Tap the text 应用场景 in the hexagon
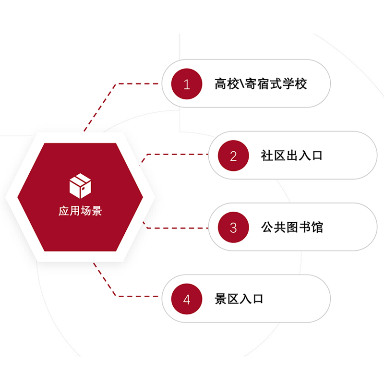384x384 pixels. pos(80,211)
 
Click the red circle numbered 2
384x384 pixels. pos(233,156)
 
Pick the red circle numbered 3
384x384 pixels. pos(233,227)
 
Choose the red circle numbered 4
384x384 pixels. pos(187,299)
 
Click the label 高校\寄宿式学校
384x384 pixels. pos(261,84)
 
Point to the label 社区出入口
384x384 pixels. pos(291,156)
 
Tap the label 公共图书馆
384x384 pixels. pos(292,227)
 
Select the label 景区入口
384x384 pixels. pos(239,299)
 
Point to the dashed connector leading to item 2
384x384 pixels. pos(178,155)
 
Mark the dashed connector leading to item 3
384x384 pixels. pos(178,228)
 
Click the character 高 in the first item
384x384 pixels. pos(220,84)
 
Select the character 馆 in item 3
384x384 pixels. pos(317,227)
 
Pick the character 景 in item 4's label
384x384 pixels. pos(220,299)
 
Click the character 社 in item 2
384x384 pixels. pos(266,156)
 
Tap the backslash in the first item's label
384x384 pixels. pos(240,84)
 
